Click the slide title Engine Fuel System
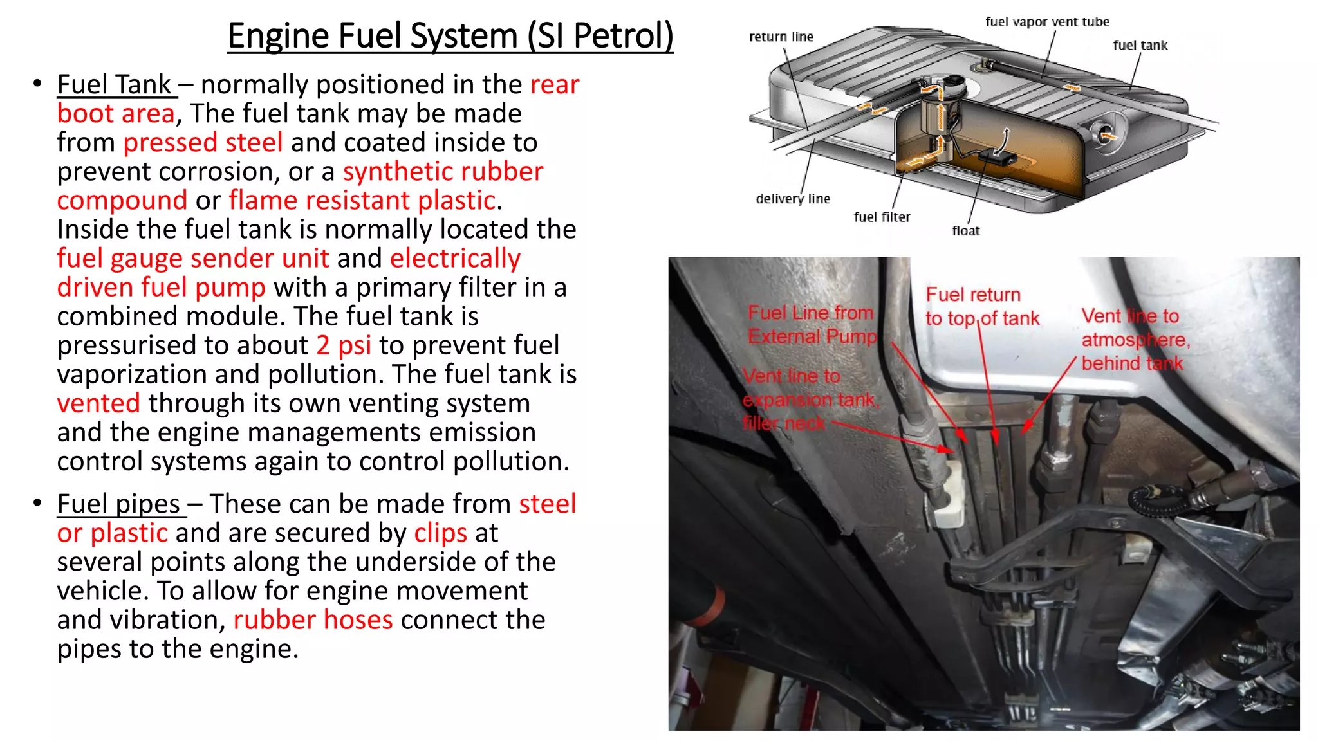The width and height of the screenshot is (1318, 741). tap(450, 36)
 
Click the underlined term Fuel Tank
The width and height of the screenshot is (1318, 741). tap(115, 85)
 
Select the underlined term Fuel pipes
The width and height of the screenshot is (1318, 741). tap(119, 504)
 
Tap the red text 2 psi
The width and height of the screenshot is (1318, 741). tap(344, 346)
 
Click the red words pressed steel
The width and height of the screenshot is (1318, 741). tap(203, 143)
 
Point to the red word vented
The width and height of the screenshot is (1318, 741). tap(98, 404)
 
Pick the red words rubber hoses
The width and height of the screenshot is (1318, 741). tap(313, 620)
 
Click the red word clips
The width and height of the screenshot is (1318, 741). tap(440, 533)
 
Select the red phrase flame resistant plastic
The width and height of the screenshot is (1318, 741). tap(362, 201)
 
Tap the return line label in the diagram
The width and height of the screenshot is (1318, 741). tap(781, 37)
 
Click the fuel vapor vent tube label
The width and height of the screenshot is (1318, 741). tap(1047, 22)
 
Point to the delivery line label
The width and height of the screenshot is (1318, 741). tap(792, 199)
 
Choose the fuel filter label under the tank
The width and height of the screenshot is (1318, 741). tap(882, 217)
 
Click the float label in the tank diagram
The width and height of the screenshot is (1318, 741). tap(965, 231)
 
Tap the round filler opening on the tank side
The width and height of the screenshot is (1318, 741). tap(1106, 133)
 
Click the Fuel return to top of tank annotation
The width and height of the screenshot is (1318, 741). tap(981, 306)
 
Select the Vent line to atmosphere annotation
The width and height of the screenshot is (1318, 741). tap(1135, 340)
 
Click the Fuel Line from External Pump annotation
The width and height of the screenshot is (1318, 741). tap(812, 324)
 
